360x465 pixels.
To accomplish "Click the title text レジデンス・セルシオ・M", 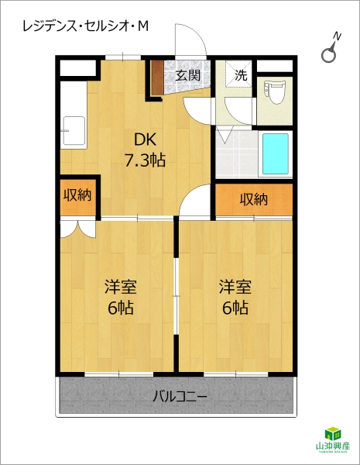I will click(86, 26).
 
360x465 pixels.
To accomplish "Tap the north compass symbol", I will click(331, 50).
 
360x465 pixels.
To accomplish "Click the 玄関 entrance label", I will click(187, 75).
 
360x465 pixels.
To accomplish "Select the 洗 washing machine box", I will click(240, 75).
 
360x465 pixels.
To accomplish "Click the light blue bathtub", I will click(275, 153).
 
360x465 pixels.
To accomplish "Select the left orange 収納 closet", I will click(77, 195).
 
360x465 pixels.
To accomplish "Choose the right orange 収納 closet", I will click(254, 199).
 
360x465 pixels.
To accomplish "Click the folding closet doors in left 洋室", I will click(79, 228).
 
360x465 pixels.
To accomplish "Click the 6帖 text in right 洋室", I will click(233, 308).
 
